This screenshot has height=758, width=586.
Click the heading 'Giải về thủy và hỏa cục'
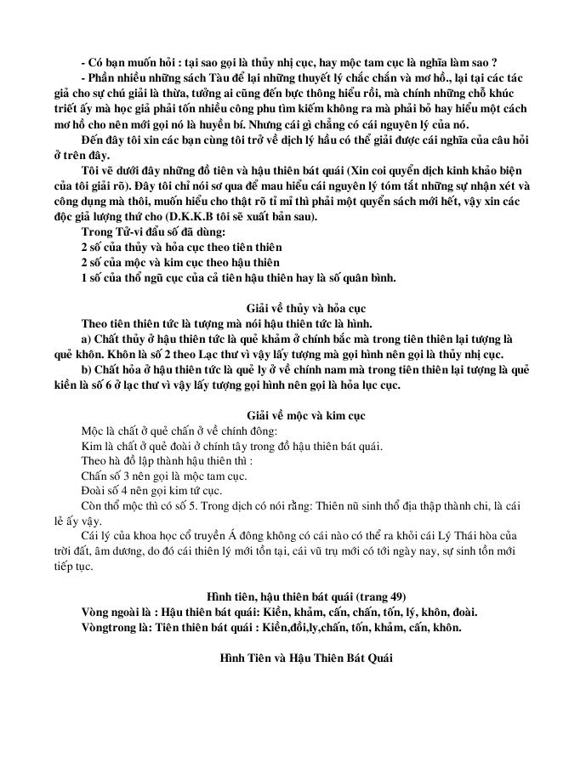(x=293, y=307)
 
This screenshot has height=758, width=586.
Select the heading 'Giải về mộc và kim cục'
(x=293, y=413)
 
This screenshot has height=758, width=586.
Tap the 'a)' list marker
(x=86, y=339)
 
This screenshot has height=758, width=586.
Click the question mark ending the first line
(x=494, y=62)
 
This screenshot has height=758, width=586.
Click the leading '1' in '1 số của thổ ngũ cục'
(x=84, y=277)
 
